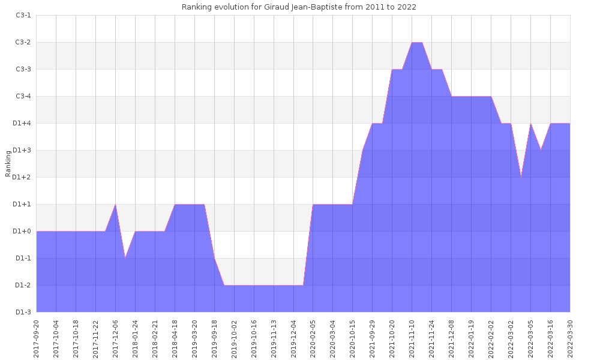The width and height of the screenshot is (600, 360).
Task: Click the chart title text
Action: pos(299,7)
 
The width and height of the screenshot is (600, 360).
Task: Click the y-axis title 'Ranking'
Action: pos(8,164)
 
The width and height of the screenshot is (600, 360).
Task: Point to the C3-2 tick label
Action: pos(23,43)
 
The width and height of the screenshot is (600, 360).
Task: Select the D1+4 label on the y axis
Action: pos(23,124)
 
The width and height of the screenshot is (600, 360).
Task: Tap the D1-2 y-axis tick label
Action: pos(23,286)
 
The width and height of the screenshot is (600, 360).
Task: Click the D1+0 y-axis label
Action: pos(23,232)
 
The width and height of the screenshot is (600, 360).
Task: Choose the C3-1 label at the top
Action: pos(23,16)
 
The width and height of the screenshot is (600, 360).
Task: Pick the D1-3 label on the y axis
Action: pos(23,313)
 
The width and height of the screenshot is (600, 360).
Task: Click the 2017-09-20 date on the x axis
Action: pos(37,337)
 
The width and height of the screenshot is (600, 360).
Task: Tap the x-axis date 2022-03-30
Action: pos(570,337)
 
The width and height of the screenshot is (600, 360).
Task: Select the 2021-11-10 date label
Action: pos(412,337)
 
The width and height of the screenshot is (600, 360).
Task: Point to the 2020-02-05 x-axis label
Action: pos(313,337)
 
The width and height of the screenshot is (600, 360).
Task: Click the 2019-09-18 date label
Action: pos(214,337)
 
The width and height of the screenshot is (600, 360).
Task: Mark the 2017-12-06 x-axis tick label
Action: pos(116,337)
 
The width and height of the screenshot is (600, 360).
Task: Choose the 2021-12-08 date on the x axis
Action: pos(451,337)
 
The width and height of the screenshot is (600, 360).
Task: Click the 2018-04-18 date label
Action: pos(175,337)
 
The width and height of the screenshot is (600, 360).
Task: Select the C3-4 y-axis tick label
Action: pos(23,97)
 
